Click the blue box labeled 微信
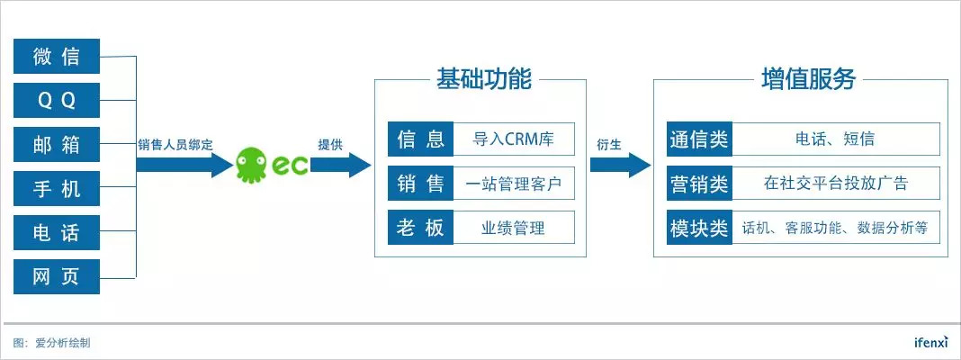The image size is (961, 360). (57, 57)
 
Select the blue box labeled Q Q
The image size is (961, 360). (57, 101)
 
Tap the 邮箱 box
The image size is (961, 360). (57, 145)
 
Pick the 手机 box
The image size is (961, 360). (57, 189)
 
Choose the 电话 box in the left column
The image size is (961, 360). (57, 233)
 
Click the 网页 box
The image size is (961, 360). (57, 276)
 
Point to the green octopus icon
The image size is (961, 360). (253, 165)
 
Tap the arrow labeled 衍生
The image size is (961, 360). (619, 165)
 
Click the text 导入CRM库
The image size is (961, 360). (513, 139)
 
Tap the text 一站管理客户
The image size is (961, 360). (513, 184)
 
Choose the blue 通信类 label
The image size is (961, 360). (699, 139)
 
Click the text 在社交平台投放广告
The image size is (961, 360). (836, 184)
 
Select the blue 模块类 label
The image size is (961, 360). (699, 228)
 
